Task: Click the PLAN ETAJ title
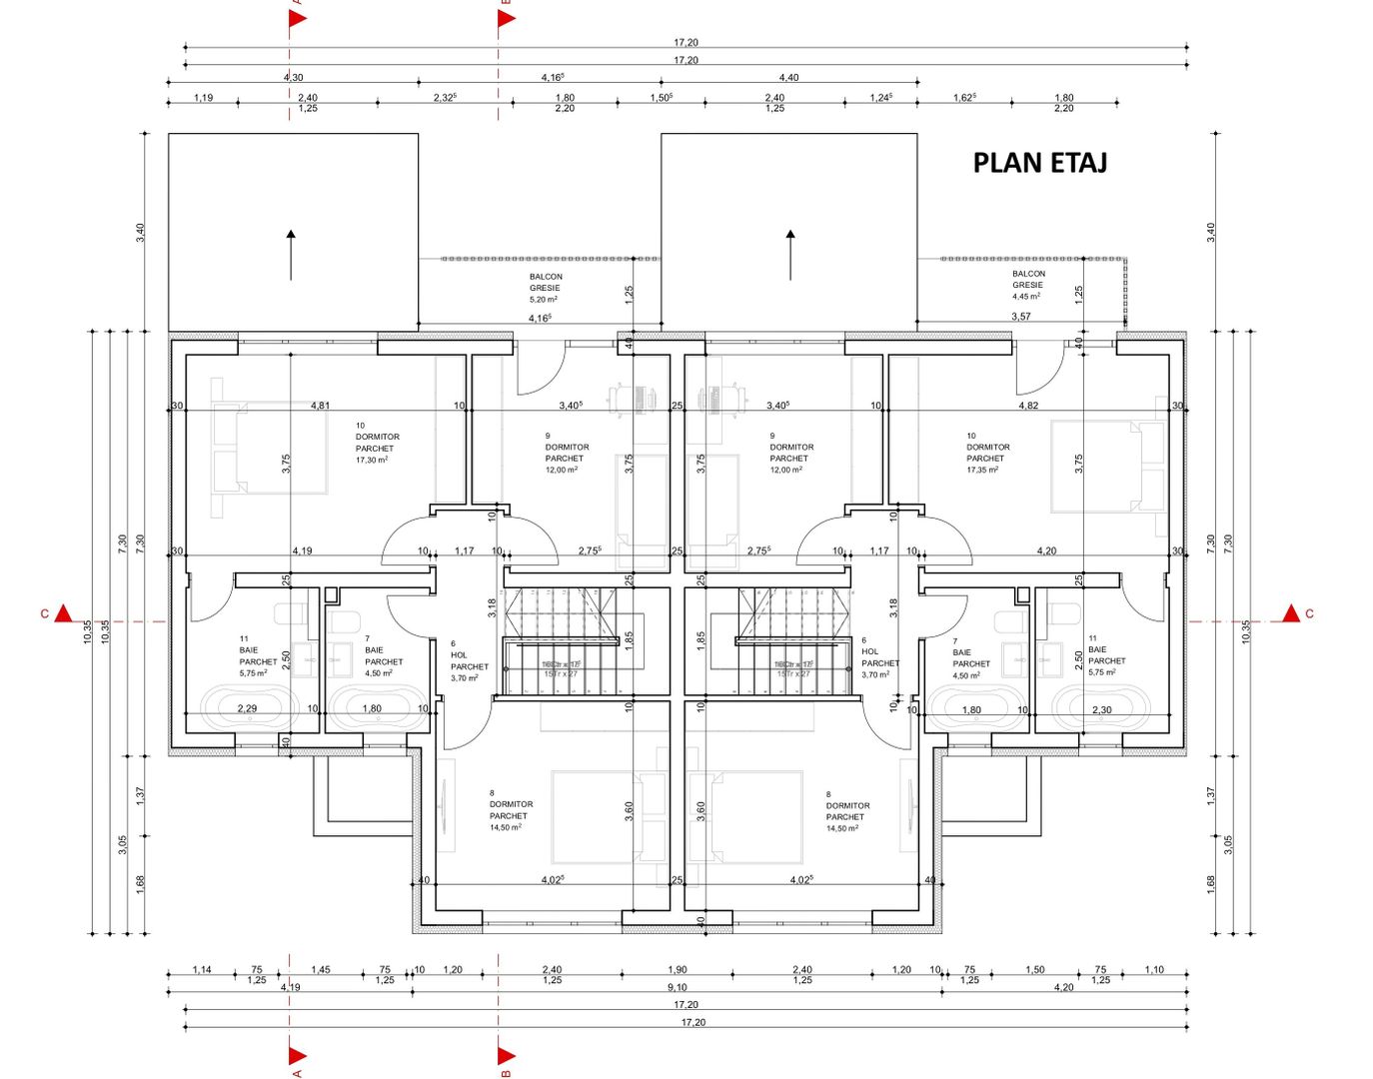pos(1039,163)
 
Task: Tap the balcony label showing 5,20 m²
pos(545,288)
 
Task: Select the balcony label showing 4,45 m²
pos(1028,285)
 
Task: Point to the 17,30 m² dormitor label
pos(377,443)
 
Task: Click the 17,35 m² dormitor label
pos(987,453)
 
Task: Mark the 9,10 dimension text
pos(677,987)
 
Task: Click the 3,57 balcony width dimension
pos(1020,317)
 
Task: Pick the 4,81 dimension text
pos(320,406)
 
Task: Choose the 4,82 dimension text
pos(1028,406)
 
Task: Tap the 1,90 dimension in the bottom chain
pos(678,969)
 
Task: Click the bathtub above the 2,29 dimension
pos(249,706)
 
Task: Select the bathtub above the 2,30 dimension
pos(1100,706)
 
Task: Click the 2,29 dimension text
pos(247,709)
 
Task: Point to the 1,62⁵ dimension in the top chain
pos(964,98)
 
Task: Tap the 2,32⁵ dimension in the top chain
pos(445,98)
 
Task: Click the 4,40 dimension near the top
pos(788,77)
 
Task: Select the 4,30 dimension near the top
pos(293,77)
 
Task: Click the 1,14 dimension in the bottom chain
pos(202,969)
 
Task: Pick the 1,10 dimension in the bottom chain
pos(1154,969)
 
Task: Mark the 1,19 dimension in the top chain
pos(203,98)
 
